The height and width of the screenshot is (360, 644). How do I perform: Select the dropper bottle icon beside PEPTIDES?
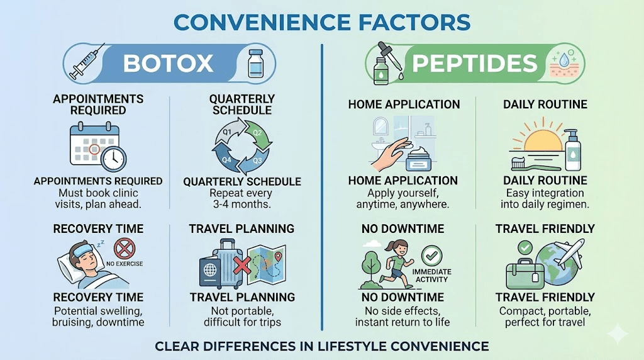click(x=383, y=63)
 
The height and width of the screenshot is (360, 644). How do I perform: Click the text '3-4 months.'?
click(x=242, y=205)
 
